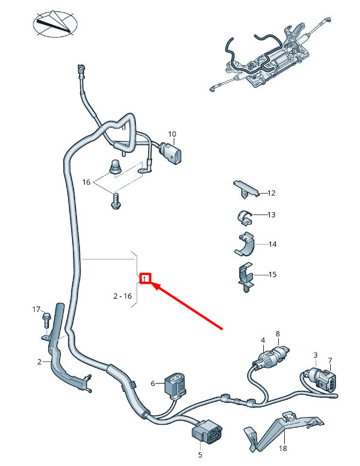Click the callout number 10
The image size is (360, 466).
pyautogui.click(x=172, y=134)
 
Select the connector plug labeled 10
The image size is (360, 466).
pyautogui.click(x=173, y=155)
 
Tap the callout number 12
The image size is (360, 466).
pyautogui.click(x=272, y=193)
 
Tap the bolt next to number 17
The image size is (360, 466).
pyautogui.click(x=46, y=321)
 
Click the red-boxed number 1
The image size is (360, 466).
pyautogui.click(x=145, y=278)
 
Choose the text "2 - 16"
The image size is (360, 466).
pyautogui.click(x=122, y=296)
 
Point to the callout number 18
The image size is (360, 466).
pyautogui.click(x=284, y=448)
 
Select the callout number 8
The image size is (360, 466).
pyautogui.click(x=277, y=333)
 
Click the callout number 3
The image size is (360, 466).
pyautogui.click(x=316, y=355)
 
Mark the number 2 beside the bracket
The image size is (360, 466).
pyautogui.click(x=39, y=362)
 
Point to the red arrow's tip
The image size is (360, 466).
pyautogui.click(x=155, y=286)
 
